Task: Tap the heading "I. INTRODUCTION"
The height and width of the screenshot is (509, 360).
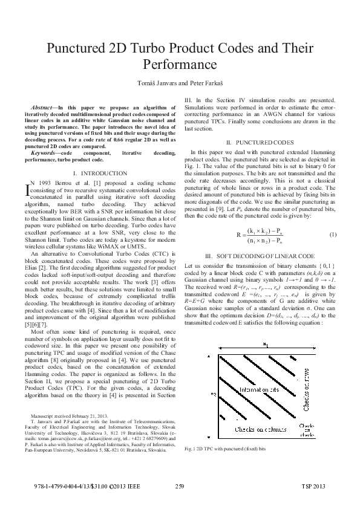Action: [102, 173]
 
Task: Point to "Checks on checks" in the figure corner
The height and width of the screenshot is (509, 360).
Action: [306, 429]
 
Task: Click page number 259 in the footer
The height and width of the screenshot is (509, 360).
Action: [179, 487]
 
